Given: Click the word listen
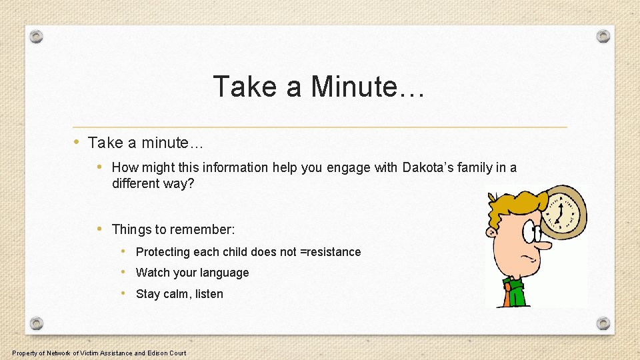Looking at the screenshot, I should (209, 294).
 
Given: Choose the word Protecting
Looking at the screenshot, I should (163, 252).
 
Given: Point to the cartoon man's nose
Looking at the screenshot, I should (543, 245).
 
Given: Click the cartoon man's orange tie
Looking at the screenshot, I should (508, 294).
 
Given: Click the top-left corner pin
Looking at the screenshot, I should (37, 36).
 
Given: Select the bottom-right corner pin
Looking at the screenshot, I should (603, 323).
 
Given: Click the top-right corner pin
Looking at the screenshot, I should (603, 36).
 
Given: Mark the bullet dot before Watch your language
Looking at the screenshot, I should (125, 272).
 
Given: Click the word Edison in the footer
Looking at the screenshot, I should (158, 353).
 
